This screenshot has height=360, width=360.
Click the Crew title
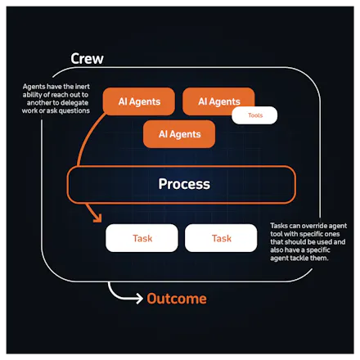[87, 59]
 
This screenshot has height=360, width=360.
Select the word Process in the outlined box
[184, 184]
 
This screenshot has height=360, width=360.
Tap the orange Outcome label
[177, 299]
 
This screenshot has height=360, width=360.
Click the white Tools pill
[254, 115]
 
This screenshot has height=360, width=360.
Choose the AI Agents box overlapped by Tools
[218, 101]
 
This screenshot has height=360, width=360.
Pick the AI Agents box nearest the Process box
[179, 134]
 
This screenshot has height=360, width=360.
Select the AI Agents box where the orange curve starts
[139, 101]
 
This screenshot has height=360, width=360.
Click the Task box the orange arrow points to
[142, 238]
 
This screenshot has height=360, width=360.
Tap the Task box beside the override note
[221, 238]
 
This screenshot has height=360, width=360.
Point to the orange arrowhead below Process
[97, 218]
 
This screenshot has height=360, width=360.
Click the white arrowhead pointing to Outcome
[140, 299]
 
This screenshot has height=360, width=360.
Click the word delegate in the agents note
[74, 103]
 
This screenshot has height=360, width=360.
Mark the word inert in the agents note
[83, 87]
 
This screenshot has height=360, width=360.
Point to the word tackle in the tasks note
[299, 258]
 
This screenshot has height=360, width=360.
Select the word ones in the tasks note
[332, 234]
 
